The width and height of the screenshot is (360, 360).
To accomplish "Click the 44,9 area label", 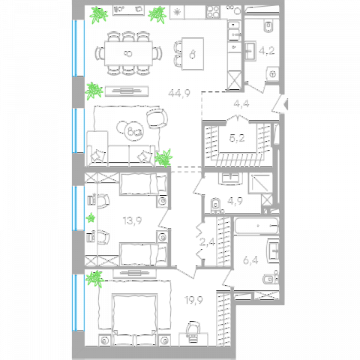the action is coord(179,94).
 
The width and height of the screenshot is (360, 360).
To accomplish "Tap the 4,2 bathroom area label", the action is coord(267,51).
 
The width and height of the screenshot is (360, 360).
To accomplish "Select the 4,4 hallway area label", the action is coord(241,103).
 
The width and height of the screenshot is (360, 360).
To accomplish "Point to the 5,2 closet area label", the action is coord(237,138).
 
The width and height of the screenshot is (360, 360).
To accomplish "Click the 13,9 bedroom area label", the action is coord(132,220).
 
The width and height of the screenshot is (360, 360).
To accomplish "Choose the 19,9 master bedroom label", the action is coord(193,300).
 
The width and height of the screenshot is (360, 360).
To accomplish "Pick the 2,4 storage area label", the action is coord(207,242).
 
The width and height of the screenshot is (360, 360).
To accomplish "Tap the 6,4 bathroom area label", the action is coord(250,261).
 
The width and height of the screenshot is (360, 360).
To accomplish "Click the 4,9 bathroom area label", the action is coord(235,201).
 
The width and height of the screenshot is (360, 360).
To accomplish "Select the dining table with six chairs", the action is coord(128,53).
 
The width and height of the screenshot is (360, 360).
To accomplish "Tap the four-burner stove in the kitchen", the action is coord(213,12).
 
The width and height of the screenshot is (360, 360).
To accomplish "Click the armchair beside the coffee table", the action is coord(157,118).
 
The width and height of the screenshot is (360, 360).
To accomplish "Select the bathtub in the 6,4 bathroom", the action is coord(256,226).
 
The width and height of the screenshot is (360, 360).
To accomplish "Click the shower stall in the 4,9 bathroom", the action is coord(260,183).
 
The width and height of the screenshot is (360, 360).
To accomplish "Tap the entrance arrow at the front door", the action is coord(286,103).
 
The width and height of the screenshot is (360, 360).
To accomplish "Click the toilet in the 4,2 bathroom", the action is coord(268,26).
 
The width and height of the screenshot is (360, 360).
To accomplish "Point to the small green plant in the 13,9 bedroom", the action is coord(91,218).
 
